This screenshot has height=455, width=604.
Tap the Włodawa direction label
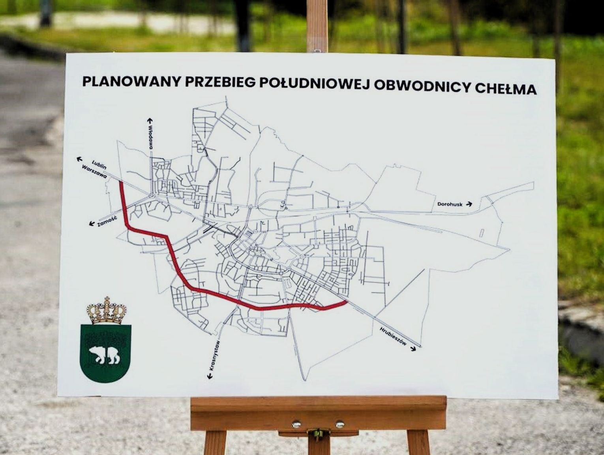pyautogui.click(x=150, y=137)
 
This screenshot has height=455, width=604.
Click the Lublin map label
pyautogui.click(x=99, y=164)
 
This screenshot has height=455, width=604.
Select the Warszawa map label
pyautogui.click(x=94, y=172)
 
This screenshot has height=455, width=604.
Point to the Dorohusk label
pyautogui.click(x=450, y=204)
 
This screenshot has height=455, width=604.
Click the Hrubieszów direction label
pyautogui.click(x=393, y=337)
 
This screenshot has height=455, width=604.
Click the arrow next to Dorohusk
pyautogui.click(x=469, y=204)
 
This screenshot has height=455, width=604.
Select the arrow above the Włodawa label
pyautogui.click(x=150, y=120)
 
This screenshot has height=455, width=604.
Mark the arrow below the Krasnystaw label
pyautogui.click(x=210, y=376)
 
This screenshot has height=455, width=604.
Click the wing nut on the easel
pyautogui.click(x=315, y=433)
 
